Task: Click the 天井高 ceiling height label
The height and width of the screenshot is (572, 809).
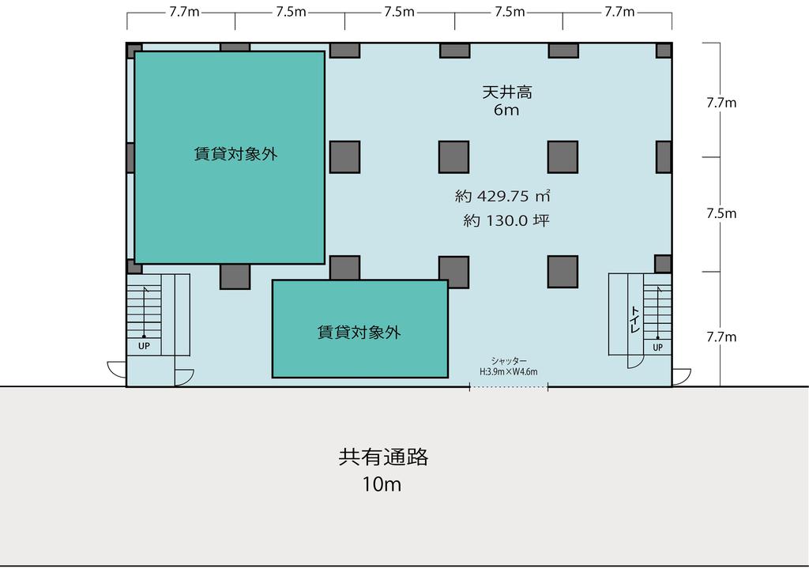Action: point(506,92)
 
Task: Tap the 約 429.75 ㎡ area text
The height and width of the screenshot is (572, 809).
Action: point(502,196)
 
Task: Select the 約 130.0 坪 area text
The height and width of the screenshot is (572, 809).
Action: point(506,220)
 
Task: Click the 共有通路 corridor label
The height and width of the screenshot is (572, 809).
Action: point(383,457)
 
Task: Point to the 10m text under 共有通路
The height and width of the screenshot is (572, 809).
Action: point(382,484)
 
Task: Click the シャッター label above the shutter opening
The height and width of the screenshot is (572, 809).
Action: point(509,361)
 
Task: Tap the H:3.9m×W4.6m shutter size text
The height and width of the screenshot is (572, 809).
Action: point(508,371)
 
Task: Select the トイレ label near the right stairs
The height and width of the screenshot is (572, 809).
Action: point(635,319)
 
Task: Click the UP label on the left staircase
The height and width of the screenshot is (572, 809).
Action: point(144,346)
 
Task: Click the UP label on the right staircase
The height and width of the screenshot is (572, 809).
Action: point(657,347)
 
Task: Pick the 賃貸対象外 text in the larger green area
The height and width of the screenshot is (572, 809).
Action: point(235,154)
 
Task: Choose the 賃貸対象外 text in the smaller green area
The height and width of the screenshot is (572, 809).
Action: point(359,332)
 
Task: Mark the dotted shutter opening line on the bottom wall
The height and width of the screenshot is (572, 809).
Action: point(509,387)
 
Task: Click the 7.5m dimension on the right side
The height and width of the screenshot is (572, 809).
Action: point(721,213)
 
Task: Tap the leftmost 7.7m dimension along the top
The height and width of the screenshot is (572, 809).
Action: point(184,12)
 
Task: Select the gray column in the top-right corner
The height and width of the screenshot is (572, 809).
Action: point(664,51)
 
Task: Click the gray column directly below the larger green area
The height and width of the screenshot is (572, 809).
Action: point(235,277)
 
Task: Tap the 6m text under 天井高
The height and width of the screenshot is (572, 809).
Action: point(506,110)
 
